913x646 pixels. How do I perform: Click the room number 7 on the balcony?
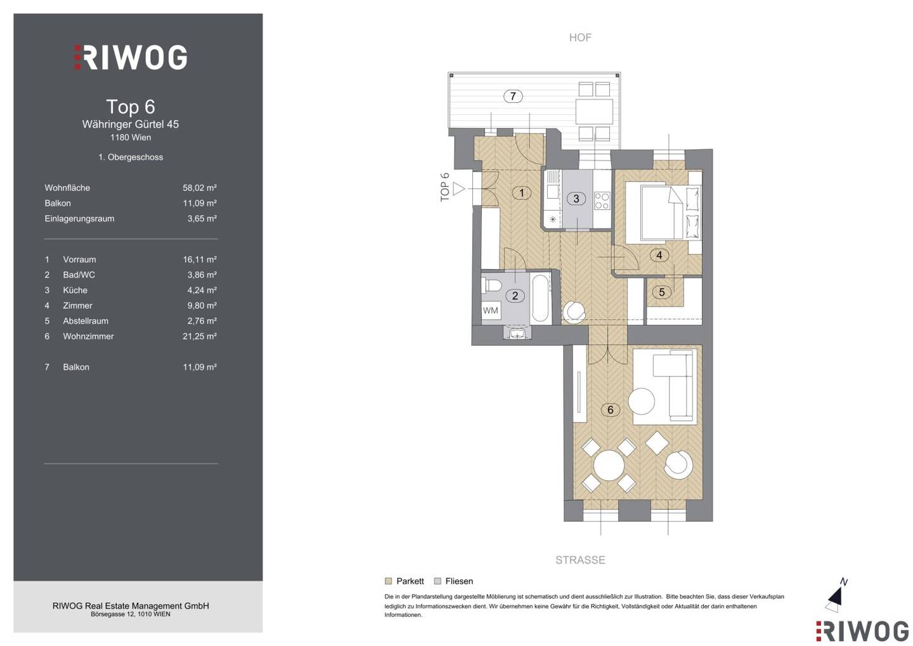click(513, 96)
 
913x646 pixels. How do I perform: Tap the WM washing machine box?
click(490, 311)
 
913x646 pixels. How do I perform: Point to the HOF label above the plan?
click(580, 37)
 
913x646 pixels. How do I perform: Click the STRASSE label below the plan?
click(580, 560)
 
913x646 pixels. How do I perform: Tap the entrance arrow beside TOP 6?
click(459, 189)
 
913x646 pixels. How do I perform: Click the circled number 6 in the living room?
click(610, 409)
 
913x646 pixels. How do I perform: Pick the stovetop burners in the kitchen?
click(602, 201)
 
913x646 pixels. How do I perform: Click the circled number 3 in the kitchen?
click(576, 199)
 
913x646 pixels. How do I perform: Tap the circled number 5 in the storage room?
click(661, 292)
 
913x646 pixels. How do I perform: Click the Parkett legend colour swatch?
click(388, 581)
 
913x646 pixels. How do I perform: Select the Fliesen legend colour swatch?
click(437, 581)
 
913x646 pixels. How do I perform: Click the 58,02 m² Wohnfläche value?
click(199, 188)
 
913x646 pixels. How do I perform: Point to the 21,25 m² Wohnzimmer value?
click(199, 336)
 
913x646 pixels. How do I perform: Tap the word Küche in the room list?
click(75, 291)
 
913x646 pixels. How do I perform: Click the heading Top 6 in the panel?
click(131, 107)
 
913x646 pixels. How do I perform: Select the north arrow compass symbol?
click(835, 597)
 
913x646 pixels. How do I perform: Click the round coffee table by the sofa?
click(642, 402)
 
